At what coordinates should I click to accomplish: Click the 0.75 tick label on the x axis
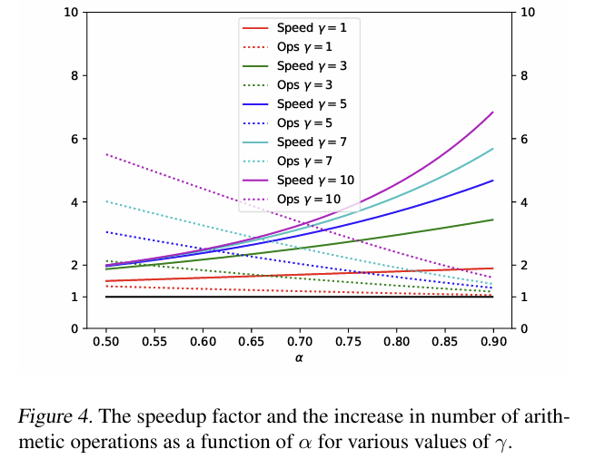click(x=348, y=344)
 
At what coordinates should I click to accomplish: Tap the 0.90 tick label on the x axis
click(x=493, y=344)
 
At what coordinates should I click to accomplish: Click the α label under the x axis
click(x=299, y=359)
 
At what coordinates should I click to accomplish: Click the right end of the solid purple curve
click(x=492, y=112)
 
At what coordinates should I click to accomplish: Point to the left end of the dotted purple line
click(x=107, y=154)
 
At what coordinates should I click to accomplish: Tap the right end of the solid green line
click(x=492, y=220)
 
